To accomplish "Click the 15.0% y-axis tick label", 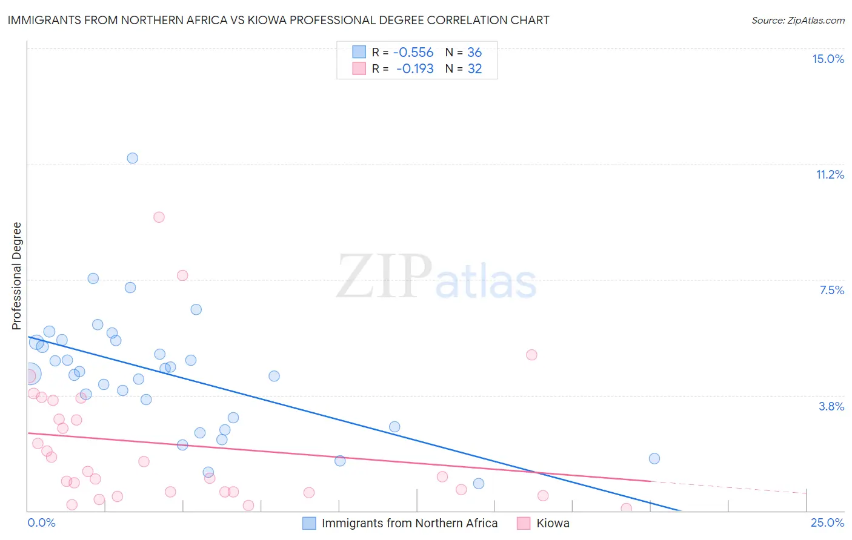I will point(828,59).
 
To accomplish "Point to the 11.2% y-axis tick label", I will point(830,174).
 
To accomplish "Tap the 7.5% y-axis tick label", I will point(831,290).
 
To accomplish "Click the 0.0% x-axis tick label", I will point(41,522).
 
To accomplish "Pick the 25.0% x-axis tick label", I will point(827,522).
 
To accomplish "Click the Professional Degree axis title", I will point(16,276).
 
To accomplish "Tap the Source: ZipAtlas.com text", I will point(797,20).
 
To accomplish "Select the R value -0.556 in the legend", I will point(413,53).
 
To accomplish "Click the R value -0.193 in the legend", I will point(414,69).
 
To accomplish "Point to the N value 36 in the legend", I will point(474,53).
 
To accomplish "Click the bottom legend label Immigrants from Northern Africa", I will point(409,523).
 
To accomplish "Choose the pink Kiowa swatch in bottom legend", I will point(524,523).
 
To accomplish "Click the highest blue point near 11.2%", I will point(132,158).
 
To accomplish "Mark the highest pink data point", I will point(159,217).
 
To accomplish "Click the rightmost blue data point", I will point(654,458).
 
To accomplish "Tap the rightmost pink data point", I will point(626,509).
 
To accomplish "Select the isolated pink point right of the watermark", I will point(531,355).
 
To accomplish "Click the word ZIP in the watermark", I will point(384,277).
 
